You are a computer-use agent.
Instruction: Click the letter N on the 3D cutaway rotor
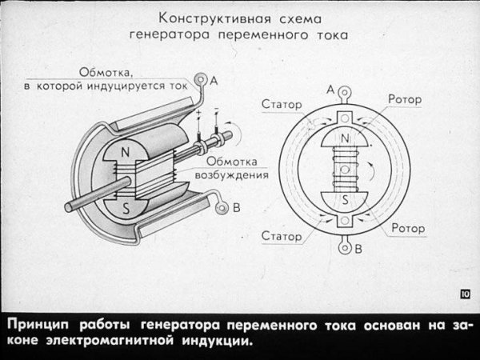coord(125,151)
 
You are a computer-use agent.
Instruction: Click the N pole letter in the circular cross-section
coord(345,140)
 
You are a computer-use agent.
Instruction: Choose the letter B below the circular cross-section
coord(358,249)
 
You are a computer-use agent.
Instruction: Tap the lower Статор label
coord(281,237)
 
